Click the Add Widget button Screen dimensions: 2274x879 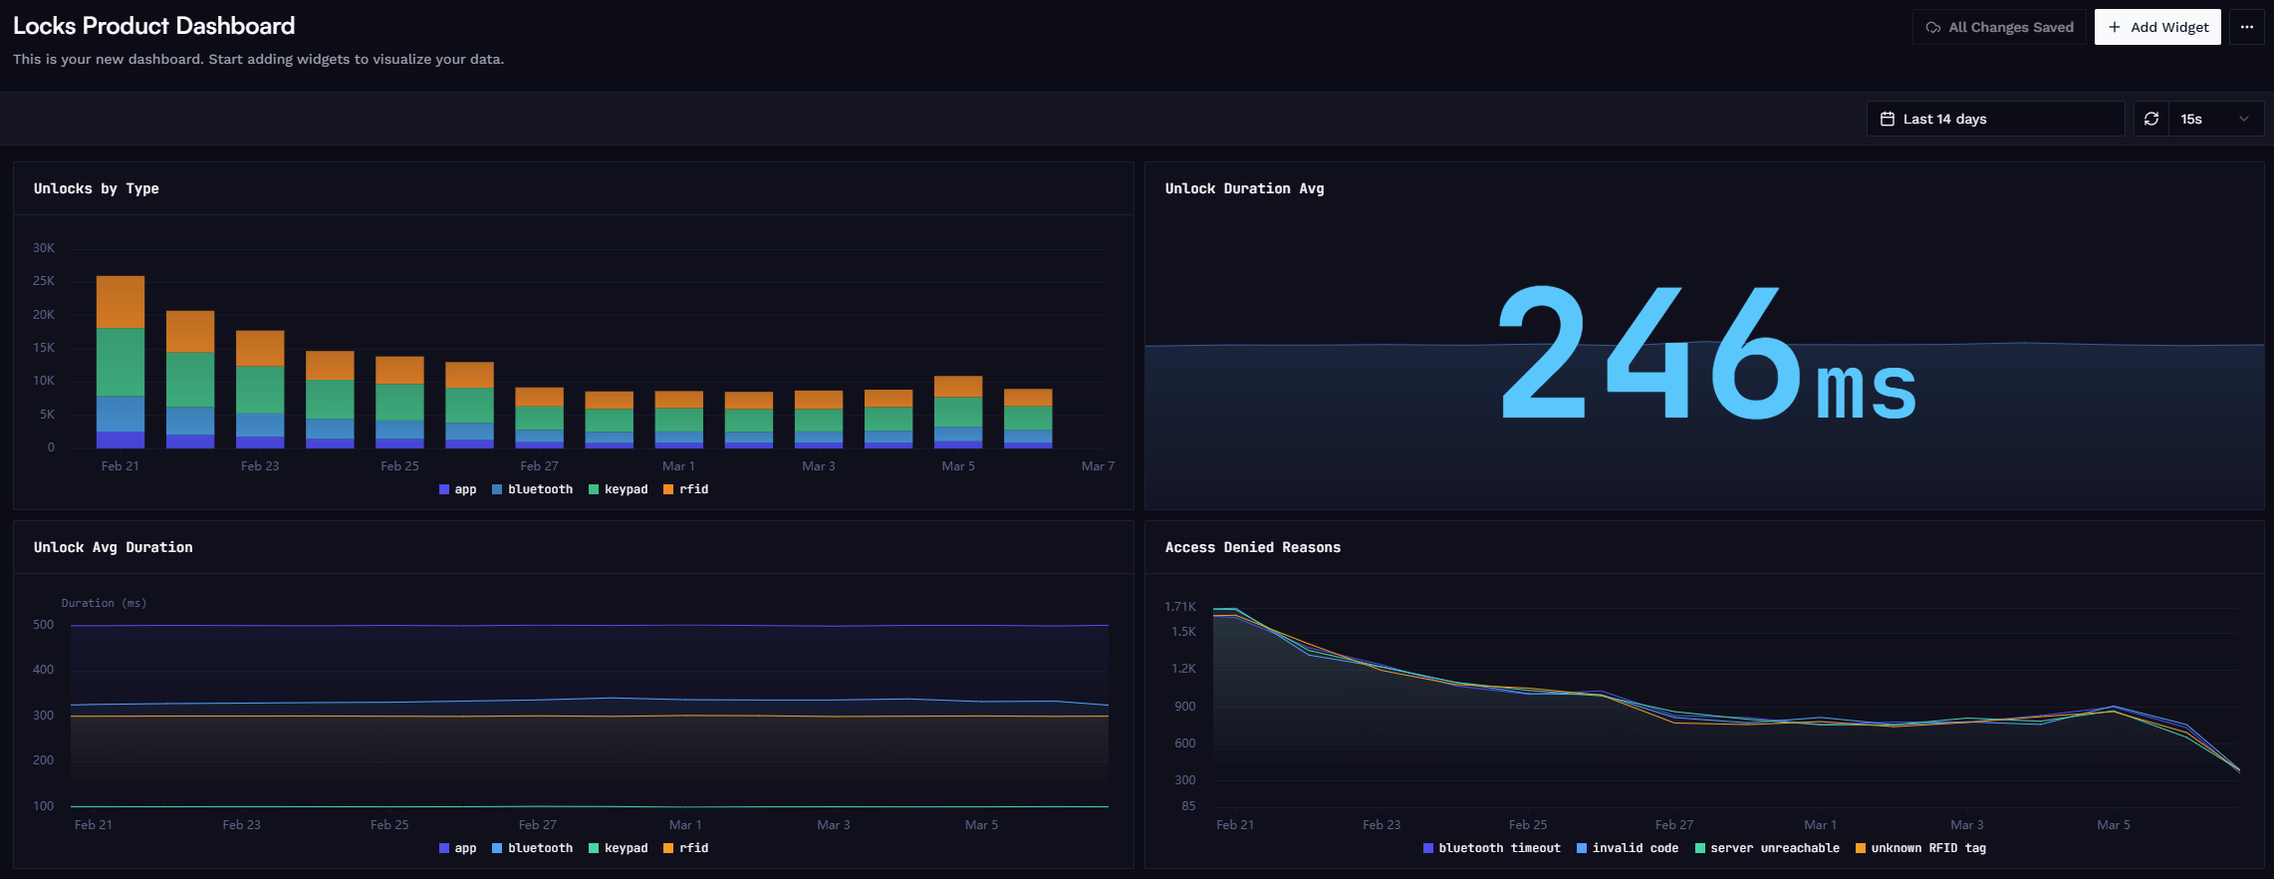[x=2157, y=27]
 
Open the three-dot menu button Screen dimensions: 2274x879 [x=2247, y=27]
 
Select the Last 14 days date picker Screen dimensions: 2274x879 [x=1995, y=119]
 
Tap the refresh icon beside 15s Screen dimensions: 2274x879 [x=2151, y=119]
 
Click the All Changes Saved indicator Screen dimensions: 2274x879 [x=1999, y=27]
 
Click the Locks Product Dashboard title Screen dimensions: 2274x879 [x=154, y=26]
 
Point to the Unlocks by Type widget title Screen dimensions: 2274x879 [x=97, y=188]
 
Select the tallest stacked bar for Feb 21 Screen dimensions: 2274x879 [x=121, y=362]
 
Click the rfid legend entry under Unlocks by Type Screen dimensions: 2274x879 [x=686, y=489]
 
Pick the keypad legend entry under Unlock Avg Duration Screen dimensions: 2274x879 [x=619, y=848]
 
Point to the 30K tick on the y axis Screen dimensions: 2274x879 [x=44, y=248]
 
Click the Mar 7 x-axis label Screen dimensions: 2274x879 [x=1098, y=466]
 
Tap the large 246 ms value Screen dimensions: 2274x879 [x=1707, y=353]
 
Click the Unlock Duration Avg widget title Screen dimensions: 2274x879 [x=1245, y=188]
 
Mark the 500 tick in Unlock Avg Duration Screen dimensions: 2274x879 [x=44, y=625]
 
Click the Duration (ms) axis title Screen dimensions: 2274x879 [x=105, y=603]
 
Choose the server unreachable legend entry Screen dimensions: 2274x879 [x=1768, y=848]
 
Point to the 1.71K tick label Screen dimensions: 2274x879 [x=1180, y=606]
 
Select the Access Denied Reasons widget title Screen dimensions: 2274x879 [x=1253, y=547]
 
